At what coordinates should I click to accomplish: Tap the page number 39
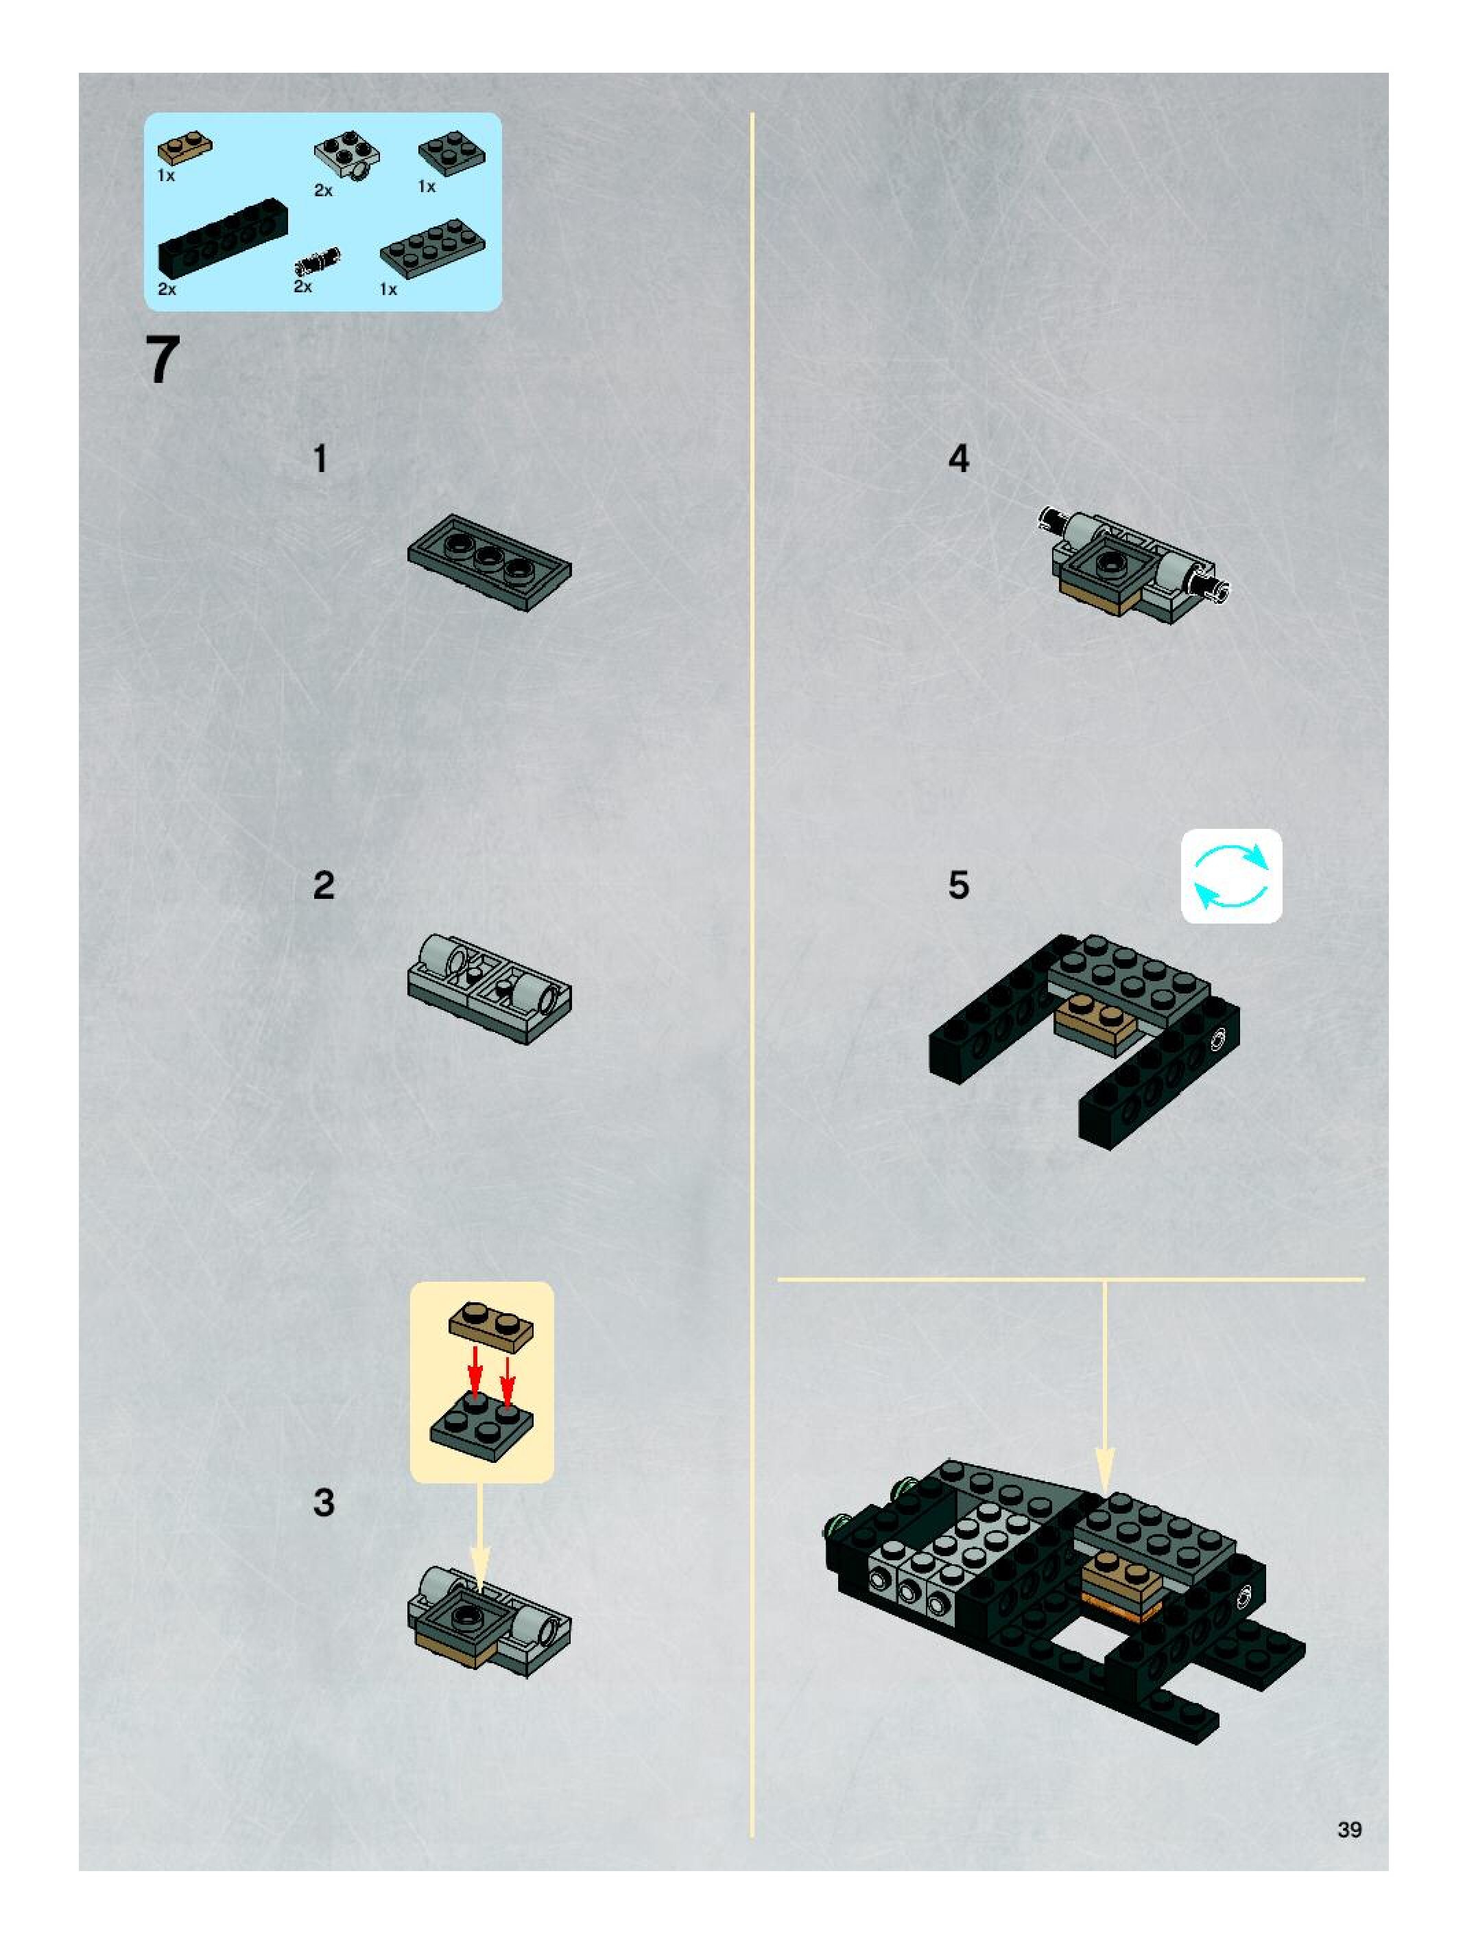(x=1349, y=1829)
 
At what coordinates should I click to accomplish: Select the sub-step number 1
(x=321, y=459)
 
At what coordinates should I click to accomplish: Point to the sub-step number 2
(x=324, y=885)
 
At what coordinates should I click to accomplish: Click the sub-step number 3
(x=324, y=1502)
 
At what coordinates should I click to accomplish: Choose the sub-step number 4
(x=959, y=459)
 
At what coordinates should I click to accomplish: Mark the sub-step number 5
(x=959, y=885)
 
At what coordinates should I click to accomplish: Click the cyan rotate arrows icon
(x=1231, y=876)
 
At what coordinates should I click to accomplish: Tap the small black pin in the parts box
(x=318, y=261)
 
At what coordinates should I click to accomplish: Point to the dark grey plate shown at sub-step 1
(x=489, y=563)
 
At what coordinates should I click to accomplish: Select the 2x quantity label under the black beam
(x=167, y=289)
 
